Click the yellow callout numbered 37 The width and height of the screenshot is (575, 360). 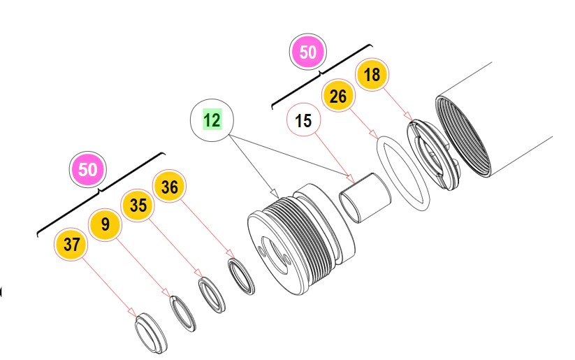pos(71,244)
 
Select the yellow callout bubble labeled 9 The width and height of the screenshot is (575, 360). pos(105,224)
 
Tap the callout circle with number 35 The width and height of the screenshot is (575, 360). pos(138,206)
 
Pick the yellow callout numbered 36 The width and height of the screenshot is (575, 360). pos(170,187)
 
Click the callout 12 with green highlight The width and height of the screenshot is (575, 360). pos(212,120)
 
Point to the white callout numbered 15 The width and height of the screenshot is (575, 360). pos(303,121)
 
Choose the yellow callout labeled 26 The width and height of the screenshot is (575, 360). pos(338,96)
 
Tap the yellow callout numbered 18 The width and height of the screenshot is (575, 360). pos(372,75)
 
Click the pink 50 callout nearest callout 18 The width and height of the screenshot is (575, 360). pos(308,52)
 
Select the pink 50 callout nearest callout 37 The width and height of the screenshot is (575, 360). pos(88,169)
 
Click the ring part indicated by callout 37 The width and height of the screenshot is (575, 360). pos(150,333)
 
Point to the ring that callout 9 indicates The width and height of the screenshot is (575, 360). pos(182,311)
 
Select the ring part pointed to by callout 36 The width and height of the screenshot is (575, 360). pos(241,276)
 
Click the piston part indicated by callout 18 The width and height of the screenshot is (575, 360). pos(433,155)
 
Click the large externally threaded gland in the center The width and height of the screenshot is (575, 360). pos(300,234)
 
